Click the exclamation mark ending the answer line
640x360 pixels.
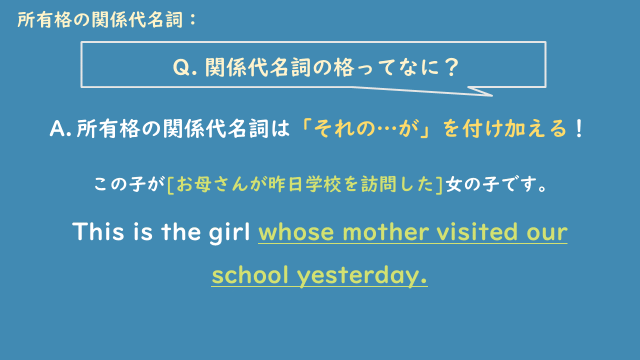pyautogui.click(x=580, y=130)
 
